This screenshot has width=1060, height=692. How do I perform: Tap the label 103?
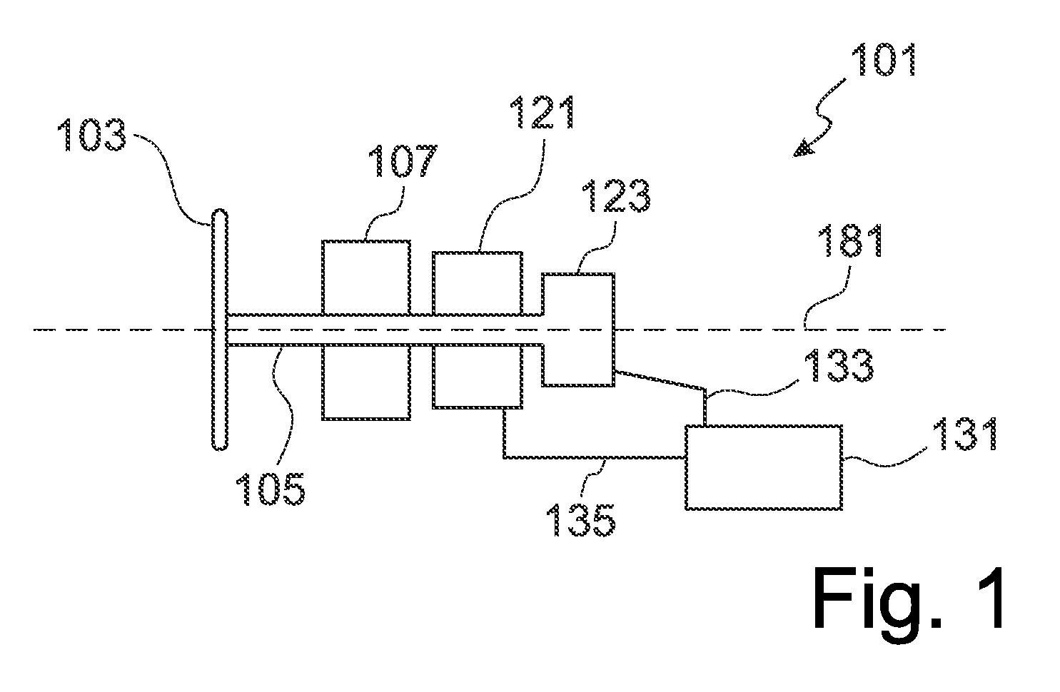tap(92, 135)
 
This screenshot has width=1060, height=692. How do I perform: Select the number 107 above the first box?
tap(403, 161)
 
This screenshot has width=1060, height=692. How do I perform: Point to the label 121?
tap(542, 112)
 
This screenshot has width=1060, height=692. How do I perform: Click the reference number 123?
tap(616, 195)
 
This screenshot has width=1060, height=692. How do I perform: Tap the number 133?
tap(839, 365)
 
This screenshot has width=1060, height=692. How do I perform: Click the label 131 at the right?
tap(965, 434)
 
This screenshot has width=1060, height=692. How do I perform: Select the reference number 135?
tap(580, 520)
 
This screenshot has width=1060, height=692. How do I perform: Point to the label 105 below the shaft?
tap(271, 489)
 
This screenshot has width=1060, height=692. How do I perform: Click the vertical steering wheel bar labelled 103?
tap(220, 329)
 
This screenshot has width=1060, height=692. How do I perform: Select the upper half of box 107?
tap(365, 278)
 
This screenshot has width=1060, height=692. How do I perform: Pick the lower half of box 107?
tap(365, 382)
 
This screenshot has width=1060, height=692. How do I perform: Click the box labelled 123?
tap(578, 330)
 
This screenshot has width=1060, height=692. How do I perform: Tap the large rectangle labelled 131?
tap(764, 467)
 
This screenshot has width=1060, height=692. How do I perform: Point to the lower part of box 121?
tap(478, 377)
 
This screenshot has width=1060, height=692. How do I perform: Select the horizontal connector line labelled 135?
tap(595, 457)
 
